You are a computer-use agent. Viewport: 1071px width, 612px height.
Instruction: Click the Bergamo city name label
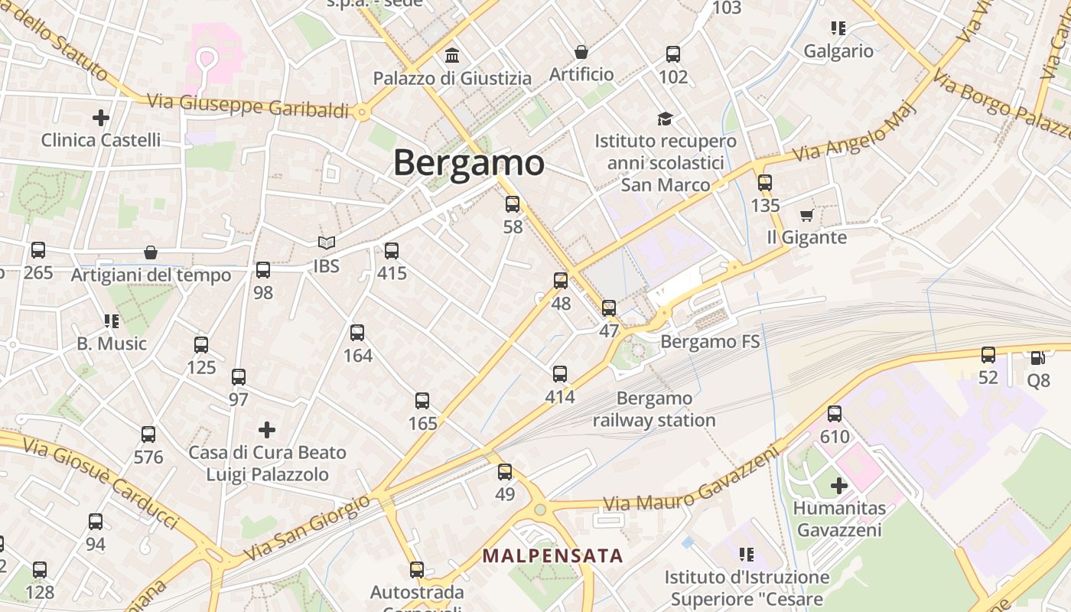pos(468,163)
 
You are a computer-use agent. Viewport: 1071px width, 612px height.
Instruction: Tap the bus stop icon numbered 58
pos(513,204)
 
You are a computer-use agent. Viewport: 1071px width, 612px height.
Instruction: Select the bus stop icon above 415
pos(392,250)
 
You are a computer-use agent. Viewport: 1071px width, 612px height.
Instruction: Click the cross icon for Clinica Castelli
pos(100,118)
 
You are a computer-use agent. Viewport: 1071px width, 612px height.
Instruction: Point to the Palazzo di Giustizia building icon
pos(452,56)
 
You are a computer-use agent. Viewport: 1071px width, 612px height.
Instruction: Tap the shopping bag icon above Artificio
pos(581,52)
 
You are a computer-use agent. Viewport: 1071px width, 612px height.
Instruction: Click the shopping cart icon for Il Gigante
pos(806,215)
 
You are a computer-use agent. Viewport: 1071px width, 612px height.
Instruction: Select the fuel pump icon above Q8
pos(1037,357)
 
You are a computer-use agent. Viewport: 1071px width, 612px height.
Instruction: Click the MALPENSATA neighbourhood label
pos(552,555)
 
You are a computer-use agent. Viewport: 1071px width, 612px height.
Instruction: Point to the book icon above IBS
pos(327,243)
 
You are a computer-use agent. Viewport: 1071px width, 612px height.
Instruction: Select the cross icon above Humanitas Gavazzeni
pos(838,485)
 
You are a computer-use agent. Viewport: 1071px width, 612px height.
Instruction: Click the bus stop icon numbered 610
pos(835,414)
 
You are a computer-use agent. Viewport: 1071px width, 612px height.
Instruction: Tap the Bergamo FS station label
pos(710,341)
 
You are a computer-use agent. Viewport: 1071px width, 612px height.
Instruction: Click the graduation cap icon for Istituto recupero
pos(666,119)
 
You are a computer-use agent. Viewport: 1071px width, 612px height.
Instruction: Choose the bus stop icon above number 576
pos(148,435)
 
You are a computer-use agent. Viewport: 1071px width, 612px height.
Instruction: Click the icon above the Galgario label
pos(838,28)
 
